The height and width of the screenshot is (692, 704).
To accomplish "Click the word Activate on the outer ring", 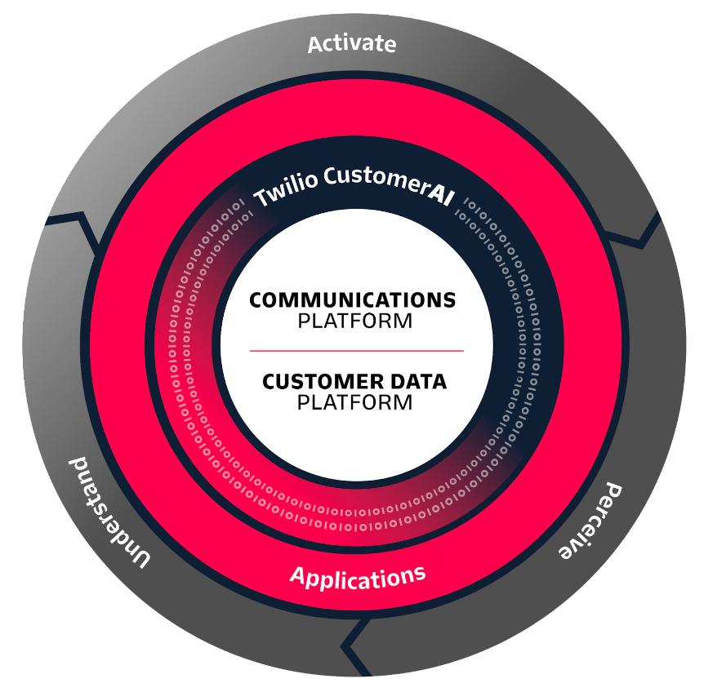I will pos(351,43).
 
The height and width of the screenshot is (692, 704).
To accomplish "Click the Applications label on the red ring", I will pos(358,577).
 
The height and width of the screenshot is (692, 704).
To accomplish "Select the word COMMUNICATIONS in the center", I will pos(352,300).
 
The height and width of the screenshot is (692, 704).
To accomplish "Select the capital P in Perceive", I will pos(612,492).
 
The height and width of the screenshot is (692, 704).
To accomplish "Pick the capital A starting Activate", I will pos(315,45).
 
